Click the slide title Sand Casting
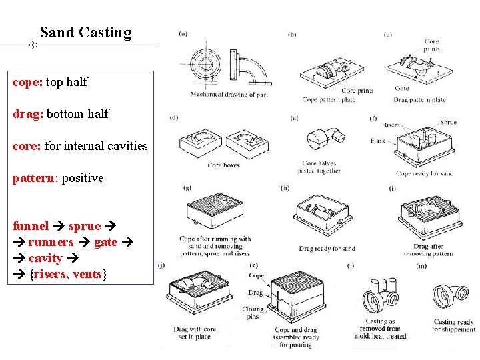[x=85, y=33]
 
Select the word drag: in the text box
[x=28, y=114]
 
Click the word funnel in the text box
[x=31, y=226]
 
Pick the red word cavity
[x=45, y=258]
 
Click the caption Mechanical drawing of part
[x=229, y=95]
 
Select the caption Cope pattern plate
[x=329, y=100]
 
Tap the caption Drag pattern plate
[x=419, y=100]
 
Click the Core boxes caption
[x=223, y=165]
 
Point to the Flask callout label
[x=377, y=141]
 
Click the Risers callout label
[x=391, y=125]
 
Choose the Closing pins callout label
[x=253, y=313]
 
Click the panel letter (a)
[x=183, y=34]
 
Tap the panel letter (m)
[x=421, y=266]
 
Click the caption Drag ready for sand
[x=327, y=249]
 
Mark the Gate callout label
[x=401, y=88]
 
